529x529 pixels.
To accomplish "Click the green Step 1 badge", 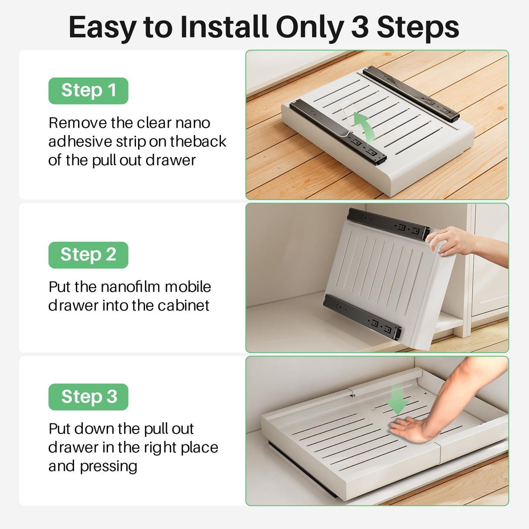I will click(x=88, y=91).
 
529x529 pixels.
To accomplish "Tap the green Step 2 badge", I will click(x=88, y=255).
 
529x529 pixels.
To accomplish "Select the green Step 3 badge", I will click(x=88, y=397).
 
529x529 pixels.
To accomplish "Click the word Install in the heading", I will click(x=224, y=27).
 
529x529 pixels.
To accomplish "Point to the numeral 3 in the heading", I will click(x=359, y=27).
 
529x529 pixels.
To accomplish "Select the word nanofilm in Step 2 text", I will click(x=130, y=287).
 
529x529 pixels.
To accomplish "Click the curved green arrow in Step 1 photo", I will click(x=364, y=126).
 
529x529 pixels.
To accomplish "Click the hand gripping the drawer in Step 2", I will click(x=449, y=242).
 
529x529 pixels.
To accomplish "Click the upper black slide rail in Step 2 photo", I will click(x=388, y=224).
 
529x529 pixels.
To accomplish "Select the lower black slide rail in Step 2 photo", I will click(x=362, y=316).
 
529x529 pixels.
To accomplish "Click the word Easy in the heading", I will click(x=102, y=27).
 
